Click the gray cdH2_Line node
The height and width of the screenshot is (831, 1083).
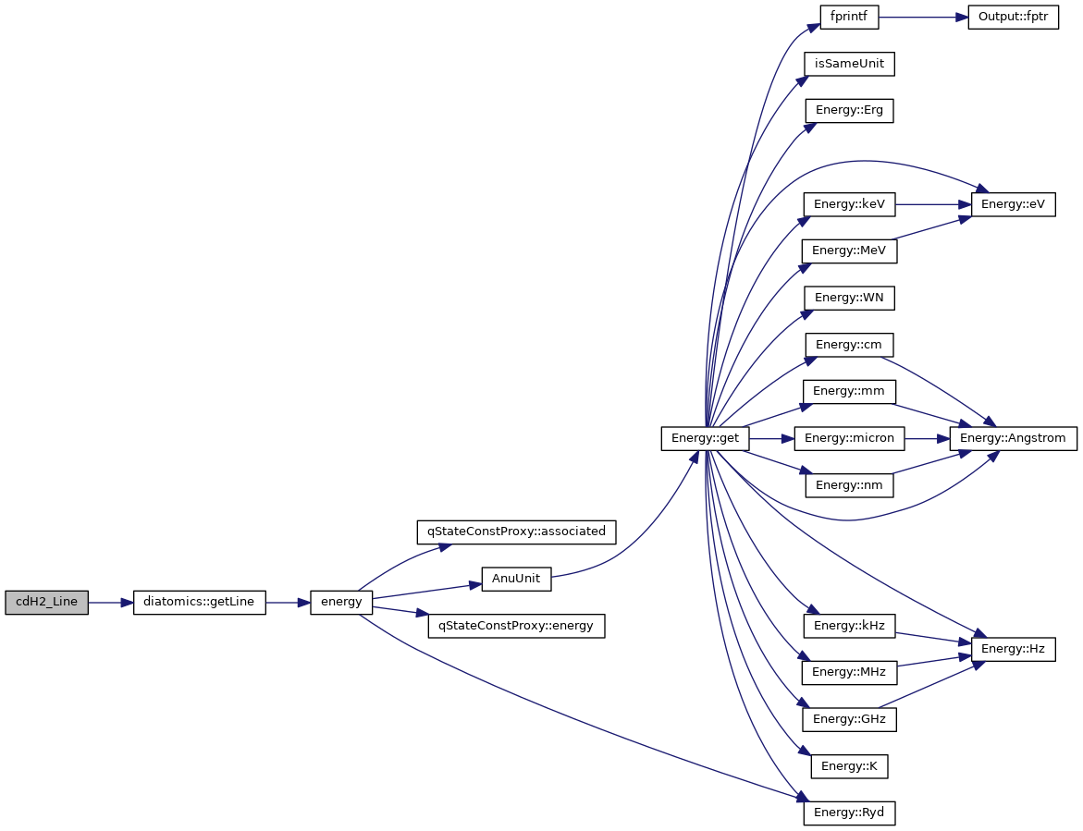point(46,603)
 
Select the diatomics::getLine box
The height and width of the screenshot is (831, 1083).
point(200,603)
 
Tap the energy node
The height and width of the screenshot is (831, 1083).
point(341,603)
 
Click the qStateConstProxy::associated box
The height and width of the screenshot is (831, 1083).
point(517,532)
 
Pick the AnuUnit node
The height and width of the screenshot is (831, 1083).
point(516,580)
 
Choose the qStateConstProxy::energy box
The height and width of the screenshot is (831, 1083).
point(517,626)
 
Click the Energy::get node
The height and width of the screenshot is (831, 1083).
point(705,438)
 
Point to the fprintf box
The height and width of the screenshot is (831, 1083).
point(849,18)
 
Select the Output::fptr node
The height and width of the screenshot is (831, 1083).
point(1013,18)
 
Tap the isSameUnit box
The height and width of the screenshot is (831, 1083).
point(849,64)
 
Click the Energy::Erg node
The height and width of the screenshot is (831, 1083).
point(849,110)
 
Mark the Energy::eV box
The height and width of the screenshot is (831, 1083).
point(1013,204)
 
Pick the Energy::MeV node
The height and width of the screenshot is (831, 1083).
point(849,251)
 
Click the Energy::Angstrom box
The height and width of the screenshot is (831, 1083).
point(1013,438)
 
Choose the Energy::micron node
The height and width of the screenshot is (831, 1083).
point(849,438)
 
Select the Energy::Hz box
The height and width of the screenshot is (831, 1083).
point(1013,649)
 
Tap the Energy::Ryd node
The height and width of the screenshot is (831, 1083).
point(849,813)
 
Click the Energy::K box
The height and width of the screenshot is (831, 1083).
point(849,766)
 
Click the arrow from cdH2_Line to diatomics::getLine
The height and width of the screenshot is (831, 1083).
point(111,603)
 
